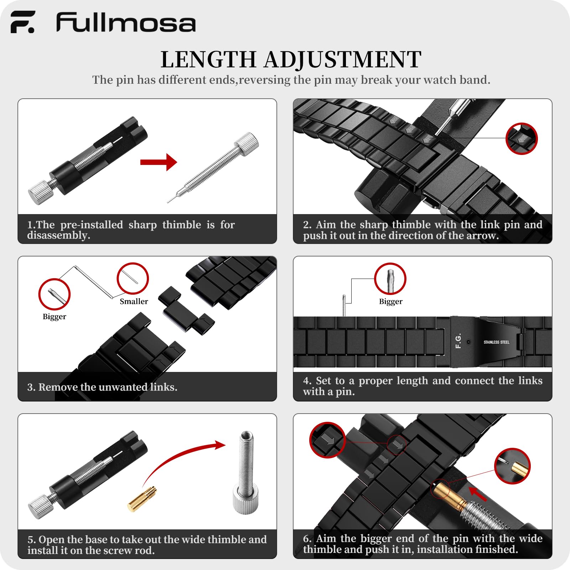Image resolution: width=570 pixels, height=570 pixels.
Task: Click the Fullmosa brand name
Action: [x=126, y=22]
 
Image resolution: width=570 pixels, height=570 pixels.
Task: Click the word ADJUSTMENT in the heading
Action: [x=342, y=59]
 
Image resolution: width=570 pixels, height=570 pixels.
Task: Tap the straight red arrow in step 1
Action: [x=159, y=162]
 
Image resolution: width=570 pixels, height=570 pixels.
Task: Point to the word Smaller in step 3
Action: [x=134, y=301]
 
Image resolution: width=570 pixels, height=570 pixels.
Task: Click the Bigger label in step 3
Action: [x=54, y=317]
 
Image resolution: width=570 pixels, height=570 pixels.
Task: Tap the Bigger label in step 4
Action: [x=390, y=302]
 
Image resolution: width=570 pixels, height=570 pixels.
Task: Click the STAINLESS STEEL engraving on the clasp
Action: [x=496, y=342]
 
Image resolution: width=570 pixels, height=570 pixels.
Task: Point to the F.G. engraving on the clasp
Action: [x=458, y=341]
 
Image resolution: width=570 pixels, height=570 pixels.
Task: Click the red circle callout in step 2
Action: [x=522, y=139]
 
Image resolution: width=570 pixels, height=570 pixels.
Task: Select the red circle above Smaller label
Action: [x=133, y=279]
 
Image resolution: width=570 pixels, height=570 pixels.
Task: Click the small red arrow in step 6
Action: [x=478, y=494]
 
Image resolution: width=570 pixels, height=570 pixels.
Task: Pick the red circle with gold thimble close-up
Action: [x=512, y=466]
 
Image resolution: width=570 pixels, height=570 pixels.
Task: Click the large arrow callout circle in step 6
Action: [x=327, y=440]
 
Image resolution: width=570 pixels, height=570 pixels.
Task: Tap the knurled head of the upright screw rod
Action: [x=245, y=499]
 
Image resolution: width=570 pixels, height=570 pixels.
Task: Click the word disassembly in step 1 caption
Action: [x=58, y=235]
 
